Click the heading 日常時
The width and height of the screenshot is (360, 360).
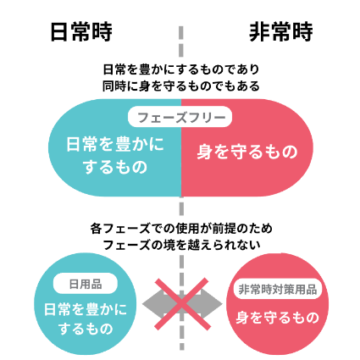pyautogui.click(x=81, y=32)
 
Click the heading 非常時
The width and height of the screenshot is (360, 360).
pyautogui.click(x=281, y=32)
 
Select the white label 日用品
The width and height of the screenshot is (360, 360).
pyautogui.click(x=86, y=284)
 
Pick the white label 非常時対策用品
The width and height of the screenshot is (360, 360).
pyautogui.click(x=278, y=289)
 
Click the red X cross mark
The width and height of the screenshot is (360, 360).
pyautogui.click(x=182, y=304)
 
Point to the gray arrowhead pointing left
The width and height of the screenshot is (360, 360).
pyautogui.click(x=152, y=304)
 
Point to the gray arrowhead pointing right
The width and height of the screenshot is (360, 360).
pyautogui.click(x=212, y=304)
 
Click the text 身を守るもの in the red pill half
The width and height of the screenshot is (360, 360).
pyautogui.click(x=247, y=152)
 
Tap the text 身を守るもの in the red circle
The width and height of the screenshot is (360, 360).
pyautogui.click(x=278, y=317)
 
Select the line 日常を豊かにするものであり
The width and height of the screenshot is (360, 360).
pyautogui.click(x=181, y=69)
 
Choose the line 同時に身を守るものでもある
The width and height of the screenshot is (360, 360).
pyautogui.click(x=181, y=86)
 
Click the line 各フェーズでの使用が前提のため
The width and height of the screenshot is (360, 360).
pyautogui.click(x=181, y=228)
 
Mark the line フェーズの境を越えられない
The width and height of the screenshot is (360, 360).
pyautogui.click(x=181, y=245)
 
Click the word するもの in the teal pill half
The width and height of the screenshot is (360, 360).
pyautogui.click(x=115, y=167)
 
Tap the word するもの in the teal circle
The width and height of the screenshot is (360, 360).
pyautogui.click(x=86, y=329)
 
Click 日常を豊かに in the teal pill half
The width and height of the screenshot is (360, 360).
pyautogui.click(x=115, y=144)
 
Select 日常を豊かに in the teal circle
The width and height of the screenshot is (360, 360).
pyautogui.click(x=86, y=309)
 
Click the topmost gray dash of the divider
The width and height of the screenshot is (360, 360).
pyautogui.click(x=181, y=32)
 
